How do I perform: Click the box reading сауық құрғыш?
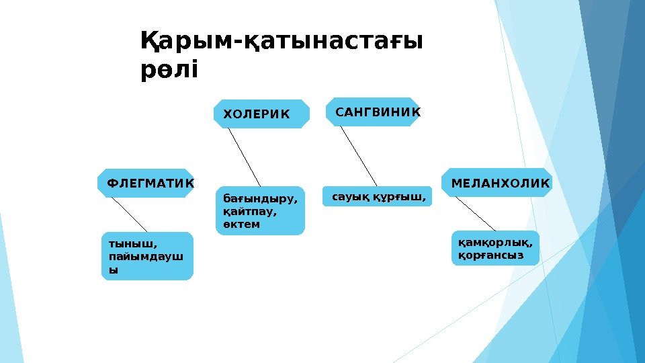[378, 198]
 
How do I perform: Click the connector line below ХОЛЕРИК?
[244, 157]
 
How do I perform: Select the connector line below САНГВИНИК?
[358, 156]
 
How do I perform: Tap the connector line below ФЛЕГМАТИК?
[130, 214]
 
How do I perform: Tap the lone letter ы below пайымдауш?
[113, 270]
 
